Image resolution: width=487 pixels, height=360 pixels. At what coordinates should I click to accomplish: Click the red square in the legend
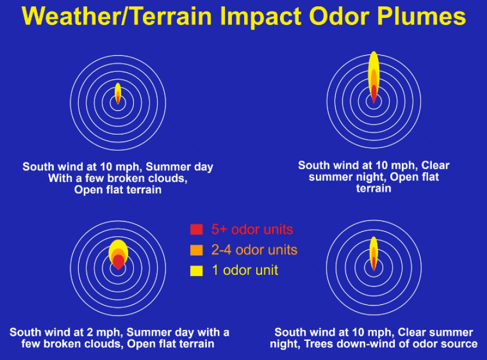[x=197, y=229]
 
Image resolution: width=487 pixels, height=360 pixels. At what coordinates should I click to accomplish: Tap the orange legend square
[x=197, y=250]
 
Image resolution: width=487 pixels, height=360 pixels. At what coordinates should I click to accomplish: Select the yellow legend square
[x=197, y=270]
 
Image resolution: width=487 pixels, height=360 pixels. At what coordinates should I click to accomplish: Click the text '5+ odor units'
[x=252, y=229]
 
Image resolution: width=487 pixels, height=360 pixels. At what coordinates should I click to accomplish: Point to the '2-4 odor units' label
[x=254, y=250]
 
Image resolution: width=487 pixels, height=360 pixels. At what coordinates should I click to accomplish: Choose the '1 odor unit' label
[x=245, y=270]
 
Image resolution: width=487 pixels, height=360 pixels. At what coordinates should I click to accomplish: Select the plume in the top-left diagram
[x=118, y=93]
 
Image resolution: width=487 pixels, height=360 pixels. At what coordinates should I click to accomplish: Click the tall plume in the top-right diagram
[x=374, y=75]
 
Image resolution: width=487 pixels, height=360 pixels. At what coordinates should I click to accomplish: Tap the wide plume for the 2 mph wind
[x=118, y=253]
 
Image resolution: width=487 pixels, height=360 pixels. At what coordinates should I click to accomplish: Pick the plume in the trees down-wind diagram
[x=374, y=253]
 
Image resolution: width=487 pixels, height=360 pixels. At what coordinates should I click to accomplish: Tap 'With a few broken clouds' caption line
[x=118, y=179]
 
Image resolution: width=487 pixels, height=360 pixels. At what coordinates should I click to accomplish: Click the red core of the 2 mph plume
[x=118, y=261]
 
